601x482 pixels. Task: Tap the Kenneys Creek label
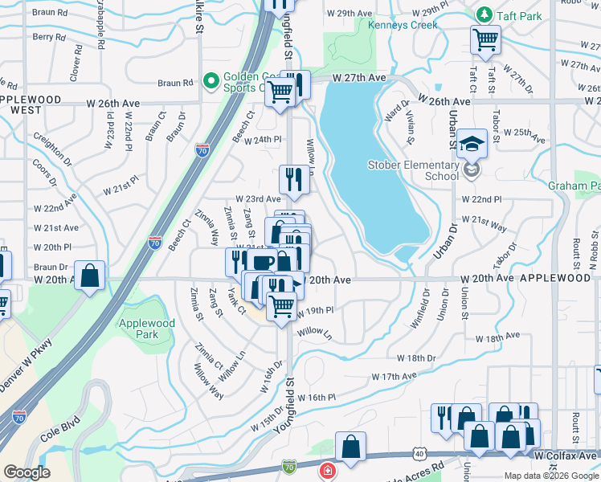403,25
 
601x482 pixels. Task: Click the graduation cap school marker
472,143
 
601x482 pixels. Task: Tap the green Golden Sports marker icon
212,80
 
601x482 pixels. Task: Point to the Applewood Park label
145,328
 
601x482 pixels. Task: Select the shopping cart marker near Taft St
486,38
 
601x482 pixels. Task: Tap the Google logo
27,472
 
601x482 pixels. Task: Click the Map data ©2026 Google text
551,476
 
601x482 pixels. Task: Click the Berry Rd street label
49,37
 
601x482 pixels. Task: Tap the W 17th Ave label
394,376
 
